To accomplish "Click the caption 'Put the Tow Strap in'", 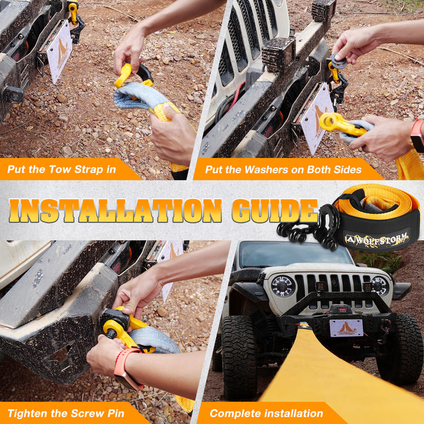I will click(x=61, y=169).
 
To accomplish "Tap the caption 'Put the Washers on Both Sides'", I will click(x=282, y=169).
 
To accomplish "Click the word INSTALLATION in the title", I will click(x=115, y=211).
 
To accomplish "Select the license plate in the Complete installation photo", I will click(x=346, y=328).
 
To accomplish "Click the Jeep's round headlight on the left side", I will click(x=282, y=286).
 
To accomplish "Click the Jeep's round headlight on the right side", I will click(x=380, y=285).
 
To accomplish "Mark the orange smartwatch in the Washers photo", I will click(x=416, y=135).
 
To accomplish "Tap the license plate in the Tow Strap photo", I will click(x=59, y=52).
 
